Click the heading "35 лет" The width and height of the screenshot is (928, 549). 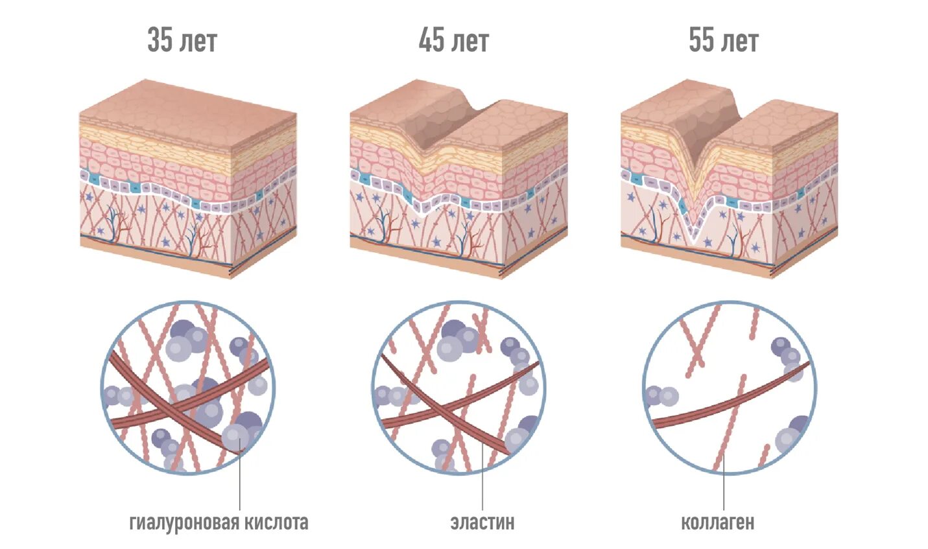[182, 40]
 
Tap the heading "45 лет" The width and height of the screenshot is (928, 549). [453, 40]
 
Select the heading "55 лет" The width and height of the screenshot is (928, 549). [723, 40]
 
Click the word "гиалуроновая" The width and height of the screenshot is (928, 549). [184, 522]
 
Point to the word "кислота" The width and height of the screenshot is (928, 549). [274, 522]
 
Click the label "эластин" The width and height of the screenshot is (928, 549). [482, 522]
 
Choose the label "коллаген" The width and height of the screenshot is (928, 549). [717, 522]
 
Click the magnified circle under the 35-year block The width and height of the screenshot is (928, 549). [188, 387]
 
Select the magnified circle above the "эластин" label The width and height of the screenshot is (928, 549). [458, 387]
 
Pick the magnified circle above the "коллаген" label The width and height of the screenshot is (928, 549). [729, 387]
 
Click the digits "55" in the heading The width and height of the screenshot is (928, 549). [700, 40]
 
